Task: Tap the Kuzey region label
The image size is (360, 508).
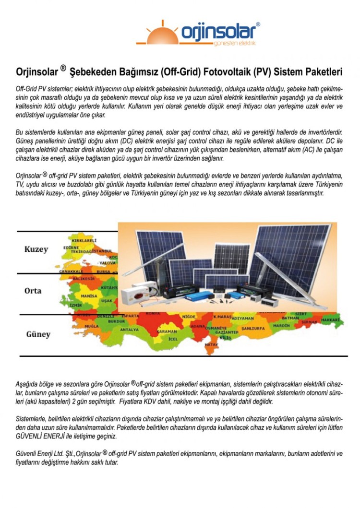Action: (x=36, y=249)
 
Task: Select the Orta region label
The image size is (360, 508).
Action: (x=33, y=291)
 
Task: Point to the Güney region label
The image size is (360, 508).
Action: (x=38, y=334)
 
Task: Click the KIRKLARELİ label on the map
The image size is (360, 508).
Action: (x=84, y=240)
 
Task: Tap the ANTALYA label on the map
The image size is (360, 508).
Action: (x=129, y=330)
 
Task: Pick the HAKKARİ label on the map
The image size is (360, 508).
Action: (x=330, y=319)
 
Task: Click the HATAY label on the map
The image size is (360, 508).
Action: (x=211, y=344)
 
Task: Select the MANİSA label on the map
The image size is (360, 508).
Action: (x=89, y=296)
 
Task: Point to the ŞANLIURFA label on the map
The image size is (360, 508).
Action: (x=253, y=328)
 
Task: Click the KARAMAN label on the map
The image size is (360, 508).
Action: (x=167, y=331)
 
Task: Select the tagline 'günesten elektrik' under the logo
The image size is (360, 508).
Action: (x=237, y=43)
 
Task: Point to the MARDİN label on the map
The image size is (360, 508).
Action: (x=282, y=325)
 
